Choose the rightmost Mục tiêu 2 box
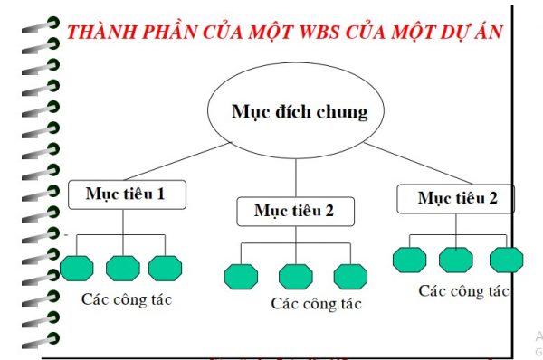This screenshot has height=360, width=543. tap(457, 198)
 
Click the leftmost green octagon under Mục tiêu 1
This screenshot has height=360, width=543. tap(77, 268)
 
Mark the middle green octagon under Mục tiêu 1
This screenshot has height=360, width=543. tap(122, 268)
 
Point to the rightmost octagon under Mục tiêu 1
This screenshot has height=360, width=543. tap(166, 268)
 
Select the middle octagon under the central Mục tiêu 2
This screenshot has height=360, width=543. tap(295, 276)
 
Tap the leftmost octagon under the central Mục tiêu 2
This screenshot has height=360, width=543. tap(241, 276)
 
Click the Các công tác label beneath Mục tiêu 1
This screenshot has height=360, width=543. tap(126, 298)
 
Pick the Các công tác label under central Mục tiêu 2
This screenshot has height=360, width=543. tap(316, 304)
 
